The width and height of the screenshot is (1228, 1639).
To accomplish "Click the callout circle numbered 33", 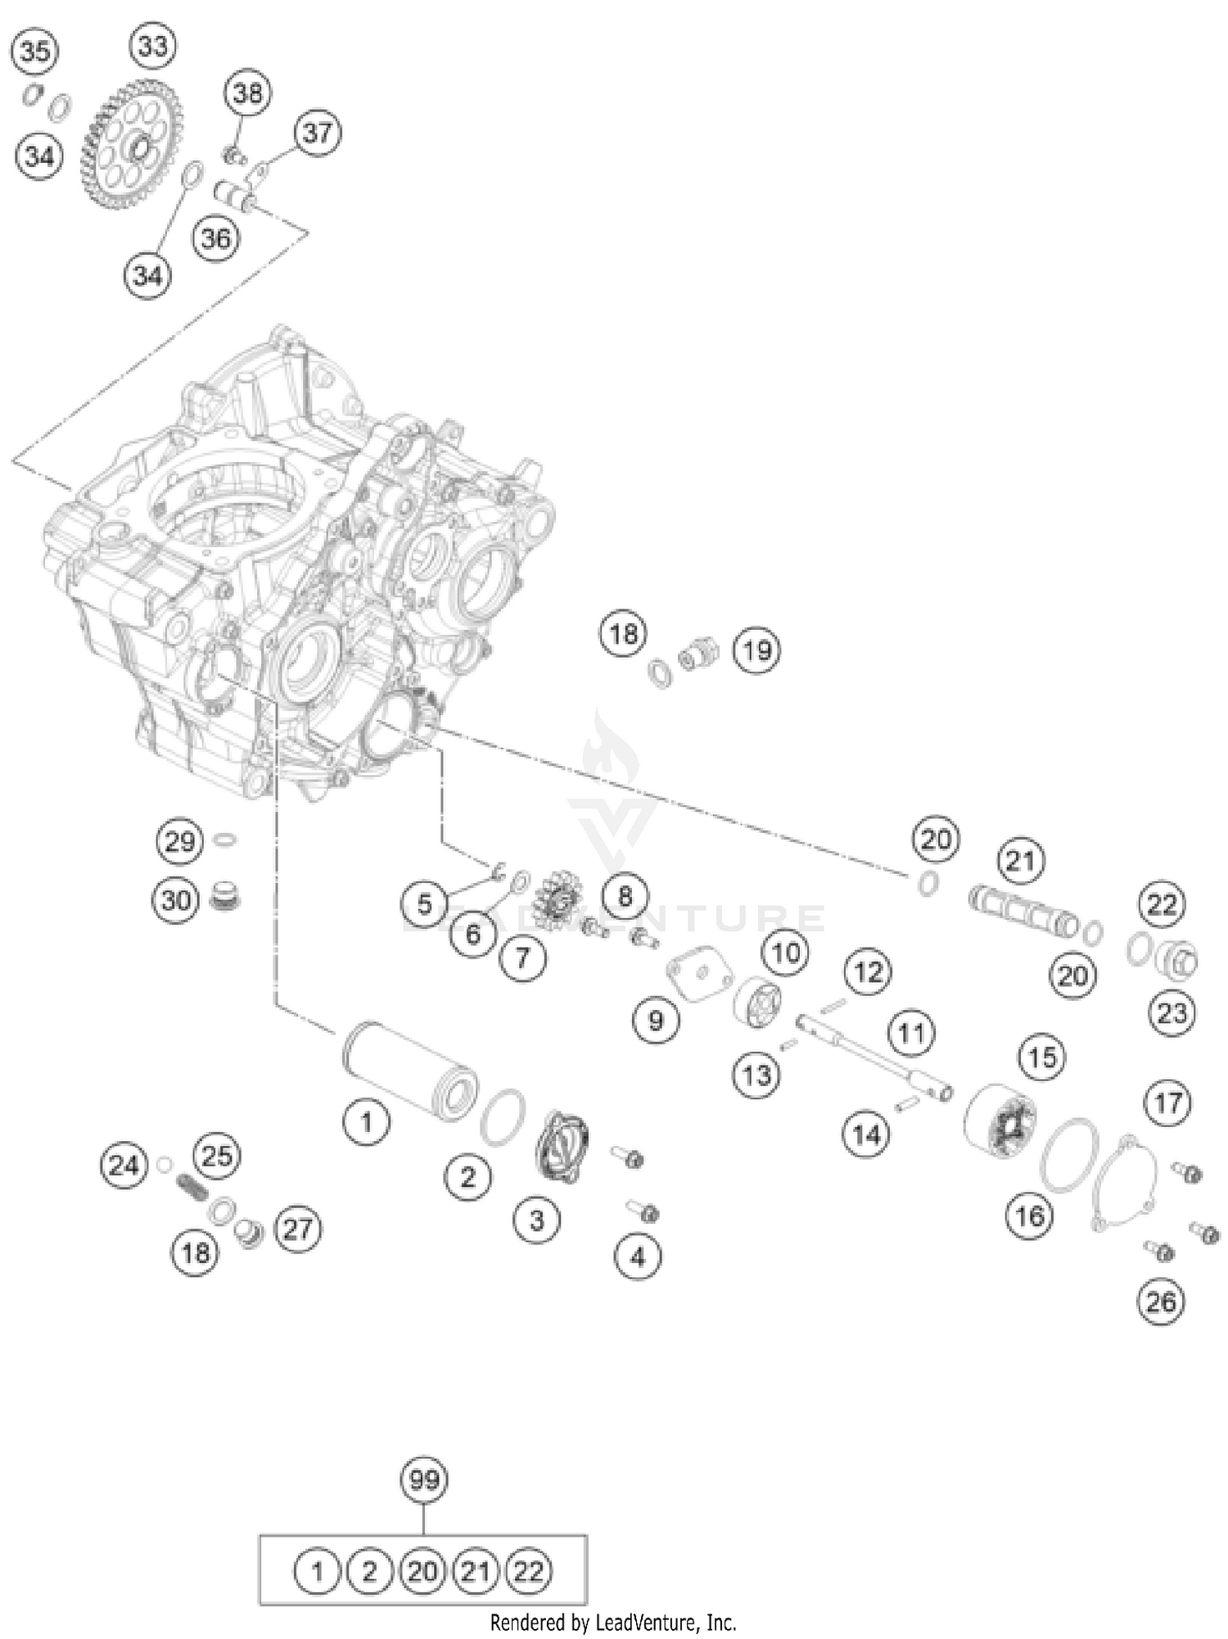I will click(x=153, y=46).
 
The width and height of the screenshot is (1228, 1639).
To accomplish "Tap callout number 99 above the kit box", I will click(x=424, y=1479).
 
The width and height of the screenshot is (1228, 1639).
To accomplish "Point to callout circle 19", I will click(x=756, y=650).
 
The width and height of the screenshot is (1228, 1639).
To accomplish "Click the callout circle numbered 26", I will click(x=1161, y=1301).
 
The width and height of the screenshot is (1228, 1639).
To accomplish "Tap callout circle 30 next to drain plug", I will click(x=176, y=900).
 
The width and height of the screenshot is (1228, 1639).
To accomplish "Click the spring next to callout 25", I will click(x=192, y=1185).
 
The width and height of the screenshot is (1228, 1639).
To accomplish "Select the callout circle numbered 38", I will click(x=247, y=93).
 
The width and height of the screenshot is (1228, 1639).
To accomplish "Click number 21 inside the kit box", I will click(x=476, y=1572).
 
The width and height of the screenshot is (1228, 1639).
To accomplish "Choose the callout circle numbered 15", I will click(x=1042, y=1057).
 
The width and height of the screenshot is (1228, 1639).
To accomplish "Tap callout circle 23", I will click(x=1172, y=1013).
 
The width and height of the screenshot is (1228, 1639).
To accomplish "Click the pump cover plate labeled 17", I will click(x=1126, y=1181).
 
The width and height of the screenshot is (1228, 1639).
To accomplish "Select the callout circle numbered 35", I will click(x=34, y=52).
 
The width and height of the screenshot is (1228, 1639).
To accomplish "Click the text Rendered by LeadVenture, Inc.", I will click(x=613, y=1622).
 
